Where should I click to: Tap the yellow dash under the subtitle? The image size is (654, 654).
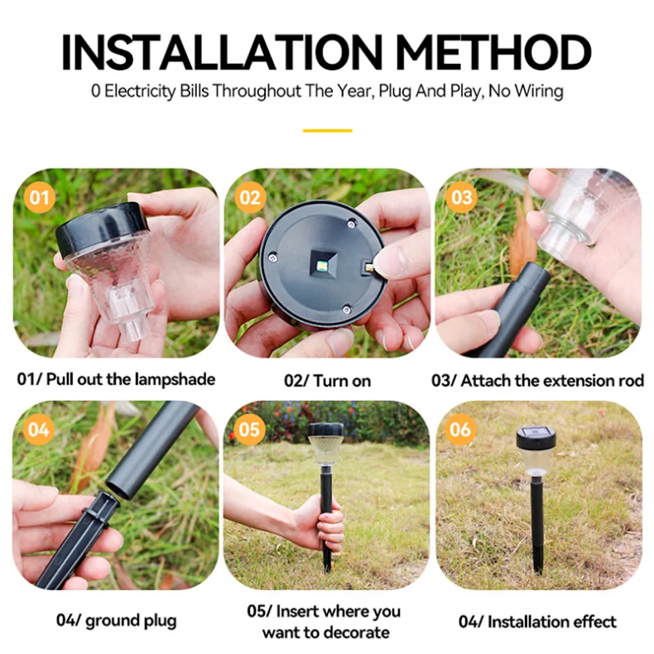click(327, 130)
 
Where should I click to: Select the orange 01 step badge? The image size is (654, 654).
click(40, 198)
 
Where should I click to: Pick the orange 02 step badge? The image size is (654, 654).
click(250, 198)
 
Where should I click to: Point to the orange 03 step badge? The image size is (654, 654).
click(460, 198)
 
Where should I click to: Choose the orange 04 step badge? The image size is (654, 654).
click(40, 430)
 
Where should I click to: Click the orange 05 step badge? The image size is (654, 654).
click(250, 430)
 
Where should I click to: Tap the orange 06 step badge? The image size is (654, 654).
click(460, 430)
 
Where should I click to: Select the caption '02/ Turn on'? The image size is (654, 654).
click(327, 381)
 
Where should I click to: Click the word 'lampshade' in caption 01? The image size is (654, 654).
click(176, 380)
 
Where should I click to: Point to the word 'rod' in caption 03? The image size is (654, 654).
click(629, 380)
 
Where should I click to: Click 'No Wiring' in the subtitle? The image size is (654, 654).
click(526, 91)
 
